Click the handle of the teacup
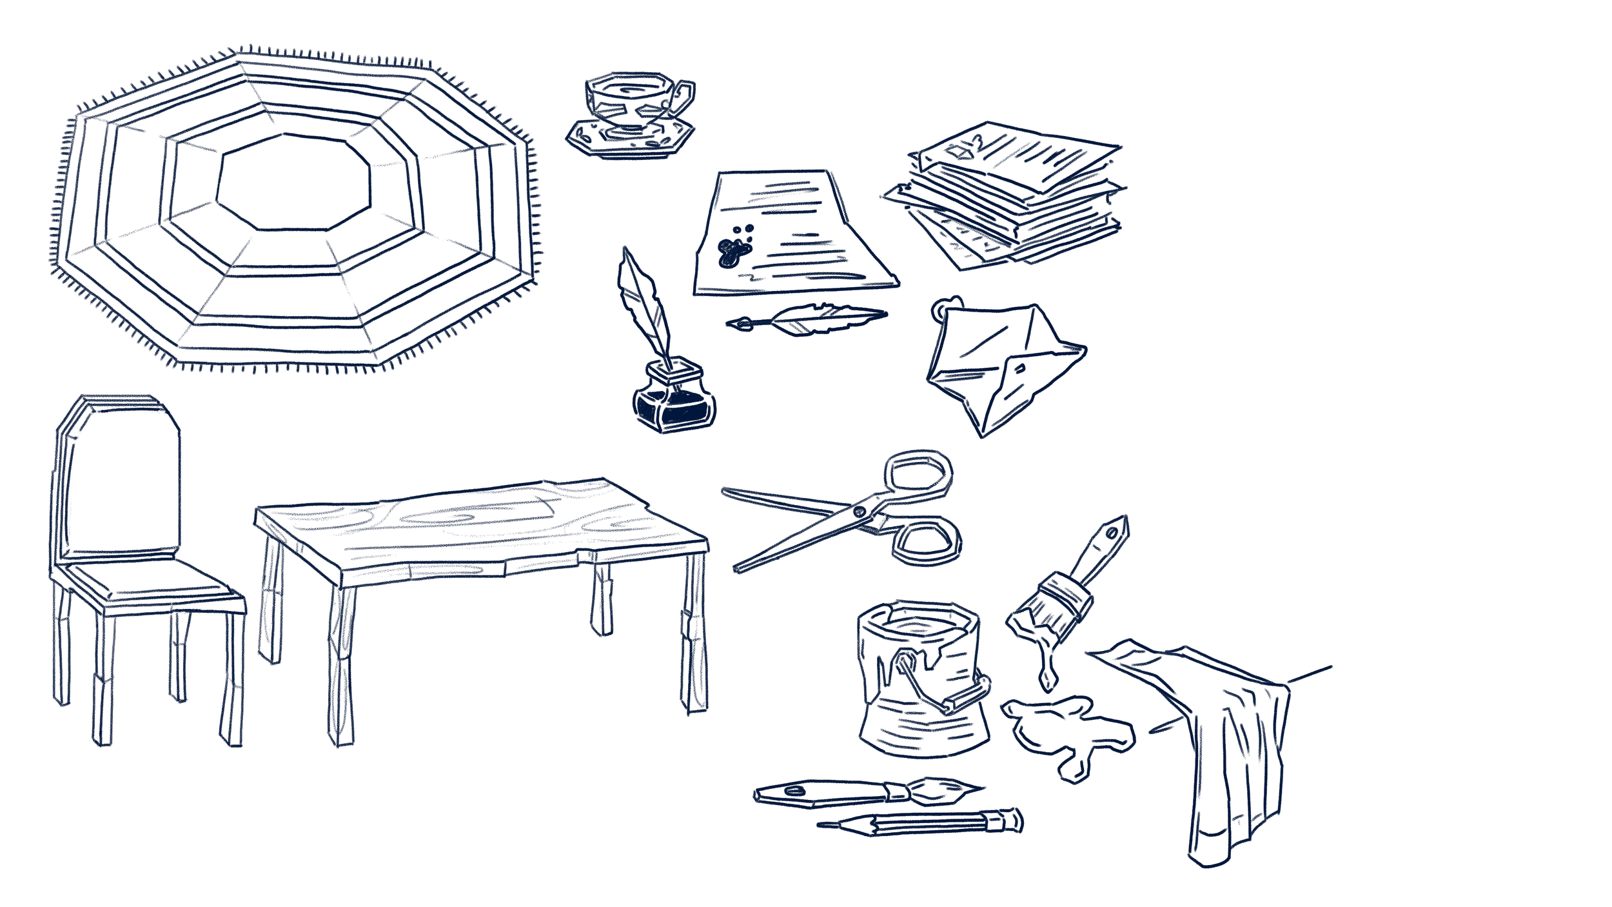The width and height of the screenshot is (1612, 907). point(685,97)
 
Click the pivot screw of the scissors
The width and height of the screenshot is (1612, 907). point(859,511)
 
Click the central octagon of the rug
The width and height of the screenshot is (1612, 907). point(293,182)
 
